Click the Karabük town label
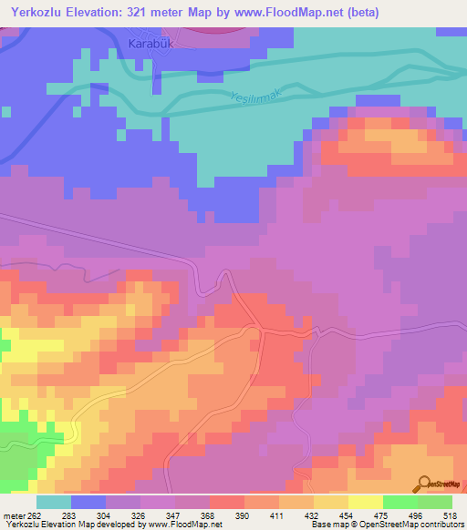pos(149,43)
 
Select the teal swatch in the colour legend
pos(54,503)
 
